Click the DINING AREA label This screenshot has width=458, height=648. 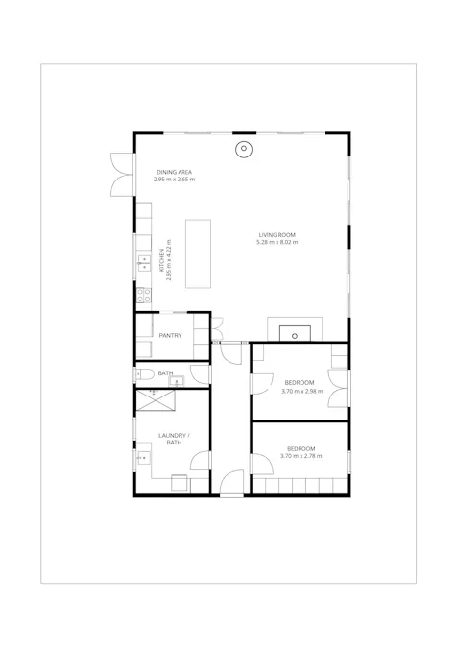point(175,172)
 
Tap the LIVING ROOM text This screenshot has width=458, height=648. point(277,234)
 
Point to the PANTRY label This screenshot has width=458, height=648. point(171,335)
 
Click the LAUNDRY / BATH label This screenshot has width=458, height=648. point(174,439)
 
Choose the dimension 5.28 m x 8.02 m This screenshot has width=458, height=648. point(277,242)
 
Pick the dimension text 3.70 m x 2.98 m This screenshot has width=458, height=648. point(301,391)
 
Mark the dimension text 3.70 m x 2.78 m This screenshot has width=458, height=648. point(301,455)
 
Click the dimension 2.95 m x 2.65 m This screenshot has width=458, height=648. point(175,180)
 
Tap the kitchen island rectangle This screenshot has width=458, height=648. point(198,252)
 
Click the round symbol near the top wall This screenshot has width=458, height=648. point(244,149)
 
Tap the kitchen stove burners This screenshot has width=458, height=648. point(142,296)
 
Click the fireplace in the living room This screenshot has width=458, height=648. point(295,332)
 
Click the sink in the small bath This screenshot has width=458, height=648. point(176,382)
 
